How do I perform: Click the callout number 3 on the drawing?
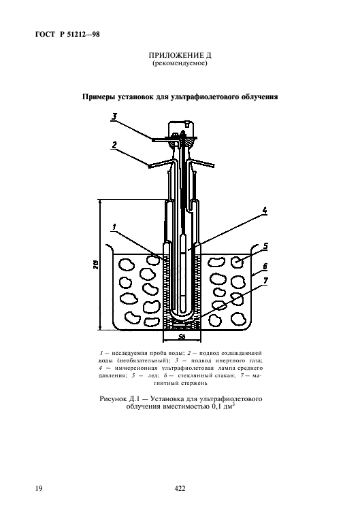point(116,117)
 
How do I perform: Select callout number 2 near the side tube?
point(115,145)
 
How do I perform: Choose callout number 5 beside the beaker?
point(265,245)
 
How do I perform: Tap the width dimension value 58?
point(182,336)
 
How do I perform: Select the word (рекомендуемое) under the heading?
point(180,65)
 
